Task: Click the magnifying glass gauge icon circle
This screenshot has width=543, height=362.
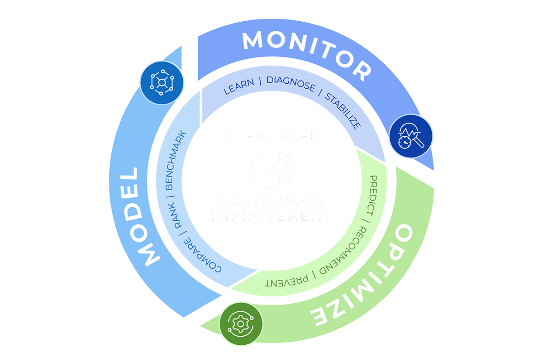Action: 411,136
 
